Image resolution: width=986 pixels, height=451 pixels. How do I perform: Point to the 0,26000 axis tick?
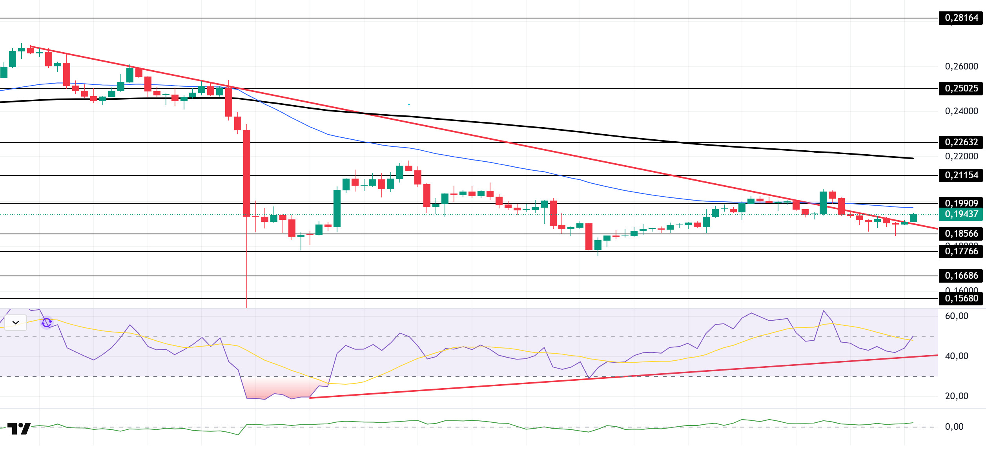961,66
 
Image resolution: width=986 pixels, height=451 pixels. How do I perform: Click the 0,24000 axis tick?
961,111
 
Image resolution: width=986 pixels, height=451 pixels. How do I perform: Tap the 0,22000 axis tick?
961,156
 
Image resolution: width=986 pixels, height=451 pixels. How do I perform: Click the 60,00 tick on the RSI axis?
957,316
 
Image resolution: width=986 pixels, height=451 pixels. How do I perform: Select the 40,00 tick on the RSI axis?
957,356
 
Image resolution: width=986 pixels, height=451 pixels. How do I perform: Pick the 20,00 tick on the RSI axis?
957,396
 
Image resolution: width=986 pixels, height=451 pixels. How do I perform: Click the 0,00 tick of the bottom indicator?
954,427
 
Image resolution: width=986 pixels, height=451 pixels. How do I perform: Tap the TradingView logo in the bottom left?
19,428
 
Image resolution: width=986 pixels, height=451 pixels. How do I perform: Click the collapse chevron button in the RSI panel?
16,323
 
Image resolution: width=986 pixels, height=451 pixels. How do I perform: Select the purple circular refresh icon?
47,323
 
